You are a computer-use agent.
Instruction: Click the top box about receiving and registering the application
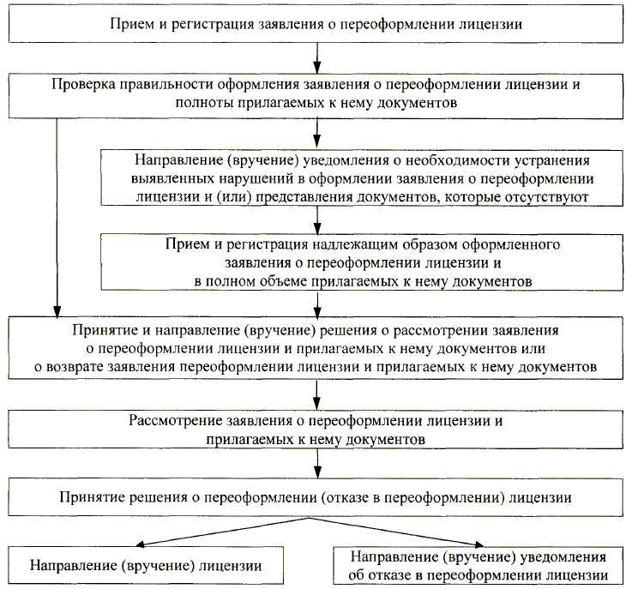tap(317, 24)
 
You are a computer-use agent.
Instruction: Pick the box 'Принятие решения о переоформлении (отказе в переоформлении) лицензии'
tap(317, 497)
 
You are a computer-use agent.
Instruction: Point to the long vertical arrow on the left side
tap(57, 214)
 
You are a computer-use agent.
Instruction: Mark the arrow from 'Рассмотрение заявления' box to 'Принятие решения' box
tap(317, 464)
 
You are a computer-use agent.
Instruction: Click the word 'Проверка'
tap(78, 86)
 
